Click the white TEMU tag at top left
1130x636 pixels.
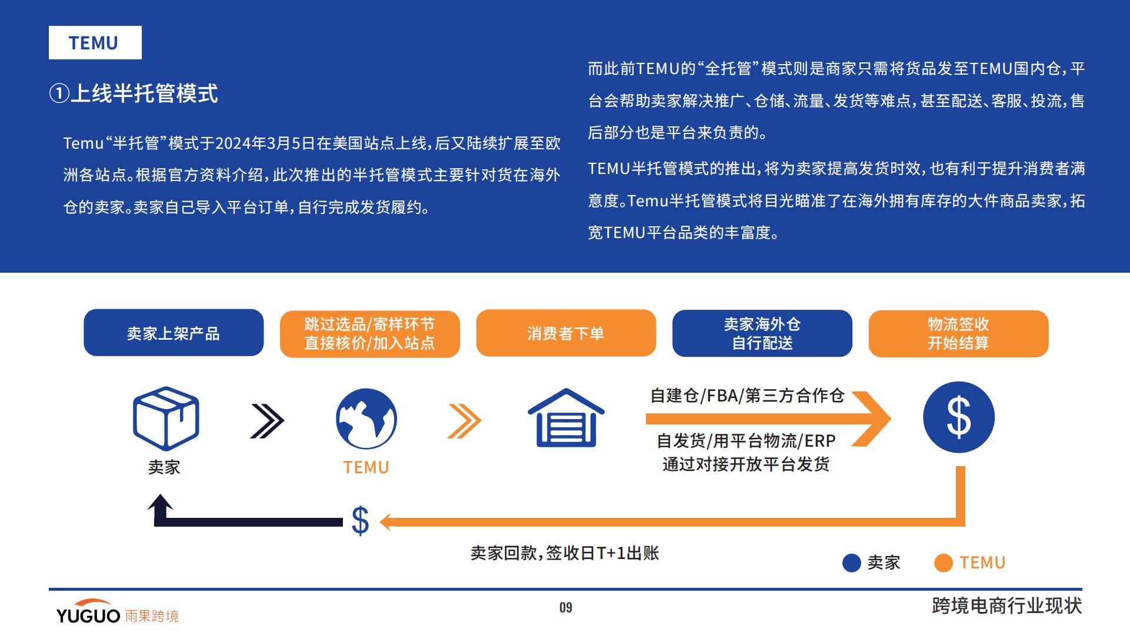(95, 42)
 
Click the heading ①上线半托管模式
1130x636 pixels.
(134, 93)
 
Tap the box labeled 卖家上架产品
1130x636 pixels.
(174, 333)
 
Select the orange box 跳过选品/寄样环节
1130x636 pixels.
(369, 333)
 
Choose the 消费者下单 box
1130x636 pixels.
(566, 333)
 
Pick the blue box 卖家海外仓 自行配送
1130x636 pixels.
(762, 333)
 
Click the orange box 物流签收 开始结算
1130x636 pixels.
(958, 333)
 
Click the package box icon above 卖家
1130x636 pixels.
(166, 419)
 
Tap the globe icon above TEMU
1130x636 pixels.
(366, 419)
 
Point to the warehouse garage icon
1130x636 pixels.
(566, 417)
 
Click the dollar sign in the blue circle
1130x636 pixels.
(959, 417)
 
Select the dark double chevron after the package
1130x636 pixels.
(267, 421)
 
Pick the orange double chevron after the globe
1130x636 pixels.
(464, 421)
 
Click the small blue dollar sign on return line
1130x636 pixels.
(360, 521)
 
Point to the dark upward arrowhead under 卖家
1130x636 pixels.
(160, 503)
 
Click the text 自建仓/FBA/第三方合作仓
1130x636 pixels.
(747, 396)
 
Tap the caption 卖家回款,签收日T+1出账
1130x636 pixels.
(565, 553)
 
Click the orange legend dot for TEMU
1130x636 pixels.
(944, 563)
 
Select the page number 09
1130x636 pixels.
(566, 607)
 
